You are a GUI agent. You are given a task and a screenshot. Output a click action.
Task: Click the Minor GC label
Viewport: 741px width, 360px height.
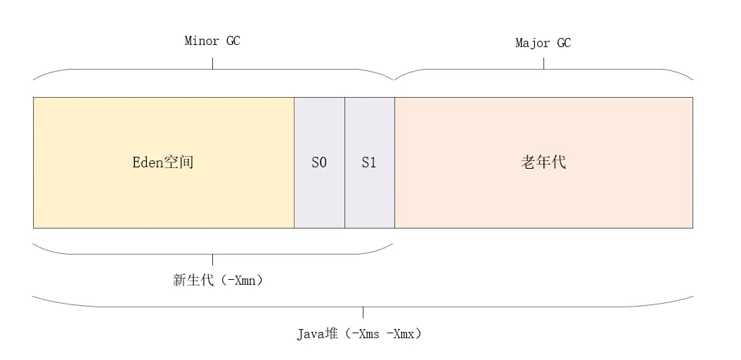(212, 41)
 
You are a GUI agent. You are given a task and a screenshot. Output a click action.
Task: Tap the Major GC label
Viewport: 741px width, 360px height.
(543, 44)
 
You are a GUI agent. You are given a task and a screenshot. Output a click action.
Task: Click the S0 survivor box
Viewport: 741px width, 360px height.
(319, 197)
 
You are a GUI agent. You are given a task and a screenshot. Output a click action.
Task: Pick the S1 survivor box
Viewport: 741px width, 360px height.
(369, 197)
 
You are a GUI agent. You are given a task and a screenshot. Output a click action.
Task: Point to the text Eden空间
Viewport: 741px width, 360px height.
(163, 162)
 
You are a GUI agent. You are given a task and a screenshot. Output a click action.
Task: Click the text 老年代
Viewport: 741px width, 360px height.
(543, 162)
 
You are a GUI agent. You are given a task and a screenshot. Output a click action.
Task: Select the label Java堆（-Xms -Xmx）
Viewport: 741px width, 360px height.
(359, 333)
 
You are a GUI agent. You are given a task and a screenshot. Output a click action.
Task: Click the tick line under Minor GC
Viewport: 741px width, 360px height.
(212, 63)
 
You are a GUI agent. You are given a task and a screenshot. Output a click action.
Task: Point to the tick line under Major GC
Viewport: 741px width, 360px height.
(543, 63)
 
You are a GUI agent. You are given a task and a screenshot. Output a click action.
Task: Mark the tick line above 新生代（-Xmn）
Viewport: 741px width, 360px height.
(212, 259)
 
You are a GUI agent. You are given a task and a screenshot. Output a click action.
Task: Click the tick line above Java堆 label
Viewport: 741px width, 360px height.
(363, 313)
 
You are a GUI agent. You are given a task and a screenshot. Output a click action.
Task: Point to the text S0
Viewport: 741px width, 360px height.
(319, 162)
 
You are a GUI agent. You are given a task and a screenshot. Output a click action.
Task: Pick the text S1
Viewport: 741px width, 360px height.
(369, 162)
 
